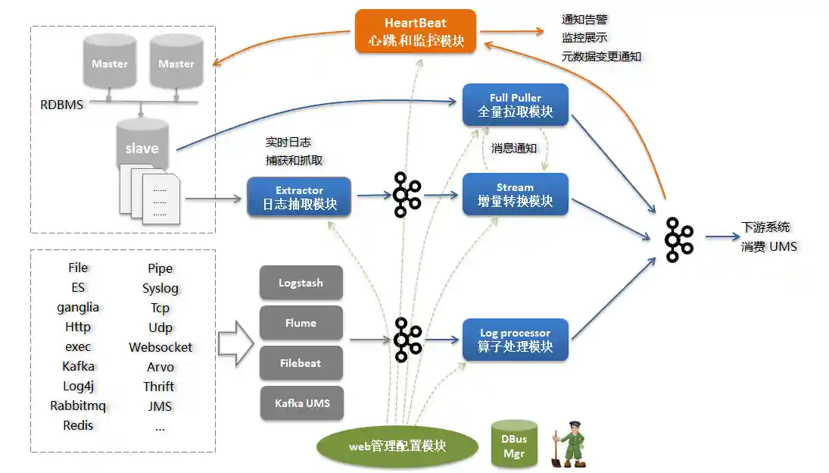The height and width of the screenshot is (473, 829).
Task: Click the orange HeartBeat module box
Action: tap(416, 31)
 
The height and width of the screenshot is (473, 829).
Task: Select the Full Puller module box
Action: tap(515, 105)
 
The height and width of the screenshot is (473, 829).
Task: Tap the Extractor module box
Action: tap(299, 197)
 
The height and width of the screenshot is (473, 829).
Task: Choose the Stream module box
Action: tap(515, 195)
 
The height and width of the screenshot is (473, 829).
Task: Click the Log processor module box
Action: tap(515, 340)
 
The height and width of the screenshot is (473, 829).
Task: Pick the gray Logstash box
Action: tap(301, 283)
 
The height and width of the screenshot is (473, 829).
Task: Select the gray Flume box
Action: tap(301, 323)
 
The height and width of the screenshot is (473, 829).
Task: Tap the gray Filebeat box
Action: tap(301, 363)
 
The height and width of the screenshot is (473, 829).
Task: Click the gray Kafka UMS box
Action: tap(301, 403)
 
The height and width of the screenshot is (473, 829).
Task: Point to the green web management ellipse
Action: tap(397, 446)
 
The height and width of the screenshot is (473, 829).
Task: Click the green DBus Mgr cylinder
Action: tap(514, 444)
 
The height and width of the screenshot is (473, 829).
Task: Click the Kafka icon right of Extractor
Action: tap(407, 195)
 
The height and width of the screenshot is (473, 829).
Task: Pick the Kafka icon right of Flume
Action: tap(407, 340)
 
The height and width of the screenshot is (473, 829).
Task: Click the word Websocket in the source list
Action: tap(161, 347)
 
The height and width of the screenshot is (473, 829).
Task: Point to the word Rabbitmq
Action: tap(78, 406)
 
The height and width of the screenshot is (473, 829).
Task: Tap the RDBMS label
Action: tap(62, 105)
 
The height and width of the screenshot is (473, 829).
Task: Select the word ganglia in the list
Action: tap(78, 308)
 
